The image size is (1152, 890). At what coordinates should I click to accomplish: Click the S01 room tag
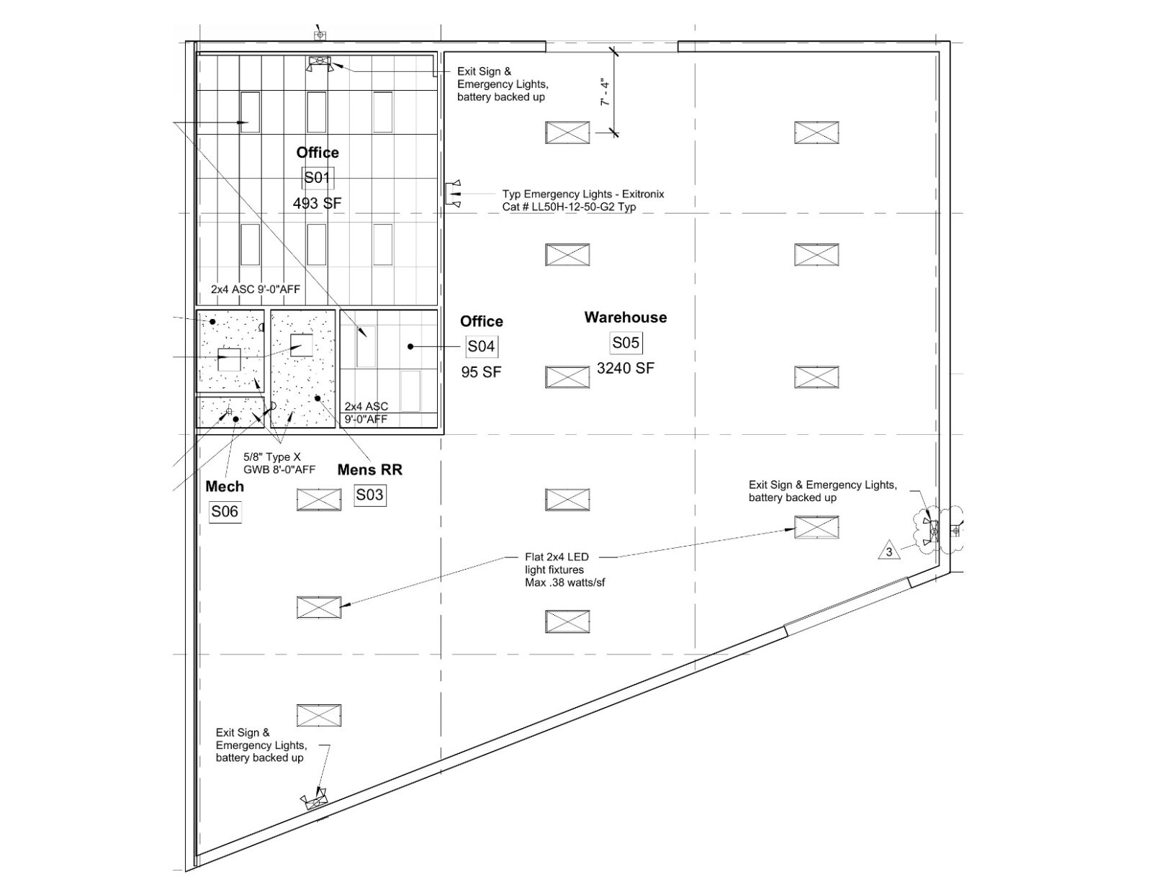318,178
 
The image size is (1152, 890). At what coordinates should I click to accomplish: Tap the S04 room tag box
482,346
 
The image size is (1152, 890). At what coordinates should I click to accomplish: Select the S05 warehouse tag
626,343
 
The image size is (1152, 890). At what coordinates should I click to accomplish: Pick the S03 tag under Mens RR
369,495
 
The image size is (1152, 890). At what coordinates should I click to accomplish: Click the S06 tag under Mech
225,512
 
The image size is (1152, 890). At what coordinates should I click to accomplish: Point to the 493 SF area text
317,203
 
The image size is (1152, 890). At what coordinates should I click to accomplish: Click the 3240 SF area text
626,369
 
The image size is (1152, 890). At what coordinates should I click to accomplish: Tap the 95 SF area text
481,372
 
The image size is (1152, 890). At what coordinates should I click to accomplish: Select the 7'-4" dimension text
605,93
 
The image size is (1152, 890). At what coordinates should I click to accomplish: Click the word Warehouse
626,318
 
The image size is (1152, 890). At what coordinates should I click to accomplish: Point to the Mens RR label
369,469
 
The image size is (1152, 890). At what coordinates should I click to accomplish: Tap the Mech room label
225,487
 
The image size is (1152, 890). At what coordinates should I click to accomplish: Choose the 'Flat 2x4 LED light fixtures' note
564,570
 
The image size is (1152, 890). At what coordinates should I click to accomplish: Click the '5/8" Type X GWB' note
279,463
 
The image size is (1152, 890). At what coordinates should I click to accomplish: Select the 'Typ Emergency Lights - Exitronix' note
583,200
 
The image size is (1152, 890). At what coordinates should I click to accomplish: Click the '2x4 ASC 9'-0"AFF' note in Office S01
256,289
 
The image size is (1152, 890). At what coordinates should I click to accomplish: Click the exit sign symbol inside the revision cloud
932,531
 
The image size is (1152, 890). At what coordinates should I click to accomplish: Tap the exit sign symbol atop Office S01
320,63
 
